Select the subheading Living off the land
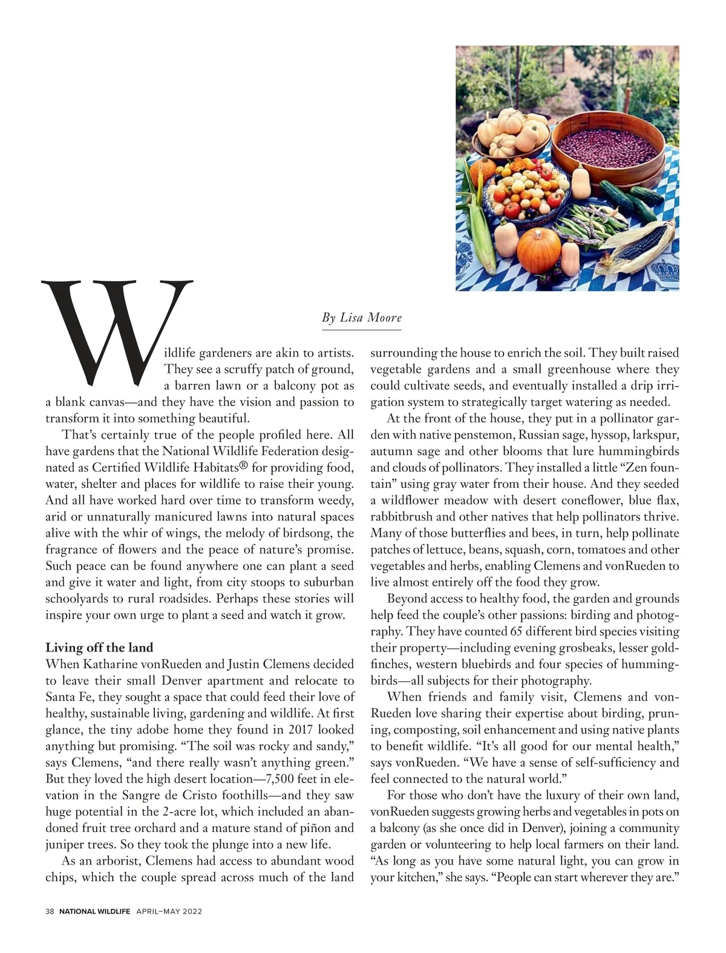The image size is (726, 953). (x=99, y=647)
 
